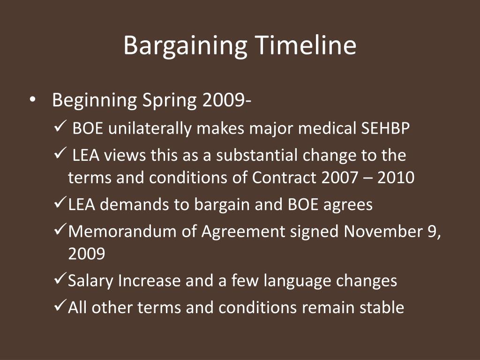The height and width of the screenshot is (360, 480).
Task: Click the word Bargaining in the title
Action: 185,46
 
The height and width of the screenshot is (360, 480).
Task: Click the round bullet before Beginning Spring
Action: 32,100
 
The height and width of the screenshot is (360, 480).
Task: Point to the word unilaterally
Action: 150,129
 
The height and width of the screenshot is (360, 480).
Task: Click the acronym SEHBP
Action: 385,128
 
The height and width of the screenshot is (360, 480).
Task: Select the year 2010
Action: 396,178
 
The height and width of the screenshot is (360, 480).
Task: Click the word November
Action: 378,232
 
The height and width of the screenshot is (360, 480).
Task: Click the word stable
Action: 382,307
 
